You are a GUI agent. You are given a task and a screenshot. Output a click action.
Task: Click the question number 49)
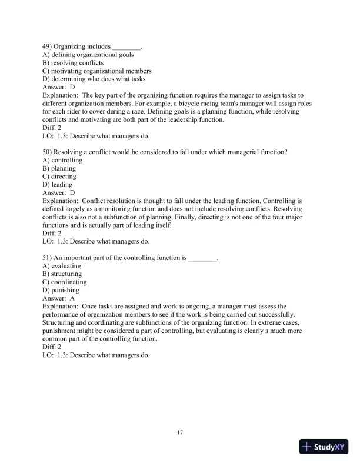coord(48,46)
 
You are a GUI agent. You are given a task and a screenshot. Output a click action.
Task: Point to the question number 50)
coord(48,152)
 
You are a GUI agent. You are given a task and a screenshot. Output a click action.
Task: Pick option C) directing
coord(59,177)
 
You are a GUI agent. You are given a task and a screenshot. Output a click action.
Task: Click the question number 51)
coord(48,258)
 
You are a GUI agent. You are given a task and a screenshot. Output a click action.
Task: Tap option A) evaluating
coord(62,266)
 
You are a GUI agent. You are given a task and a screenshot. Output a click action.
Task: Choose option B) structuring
coord(62,274)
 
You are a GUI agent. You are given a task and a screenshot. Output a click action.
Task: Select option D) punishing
coord(61,291)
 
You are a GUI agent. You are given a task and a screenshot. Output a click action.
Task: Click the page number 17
coord(180,433)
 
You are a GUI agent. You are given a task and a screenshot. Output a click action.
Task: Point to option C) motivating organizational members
coord(93,71)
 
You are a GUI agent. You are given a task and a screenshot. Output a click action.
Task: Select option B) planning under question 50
coord(59,168)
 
